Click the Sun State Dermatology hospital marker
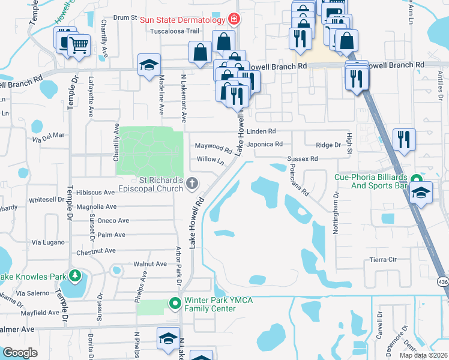[x=234, y=19]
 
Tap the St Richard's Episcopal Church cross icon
[x=192, y=183]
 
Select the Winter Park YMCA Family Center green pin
[x=175, y=303]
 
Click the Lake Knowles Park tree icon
[x=75, y=276]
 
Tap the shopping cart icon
[x=79, y=44]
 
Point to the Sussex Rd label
[x=302, y=159]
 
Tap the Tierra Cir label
[x=385, y=260]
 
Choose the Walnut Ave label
[x=150, y=263]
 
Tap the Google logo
[x=20, y=353]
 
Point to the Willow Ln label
[x=210, y=160]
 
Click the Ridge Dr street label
[x=328, y=145]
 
